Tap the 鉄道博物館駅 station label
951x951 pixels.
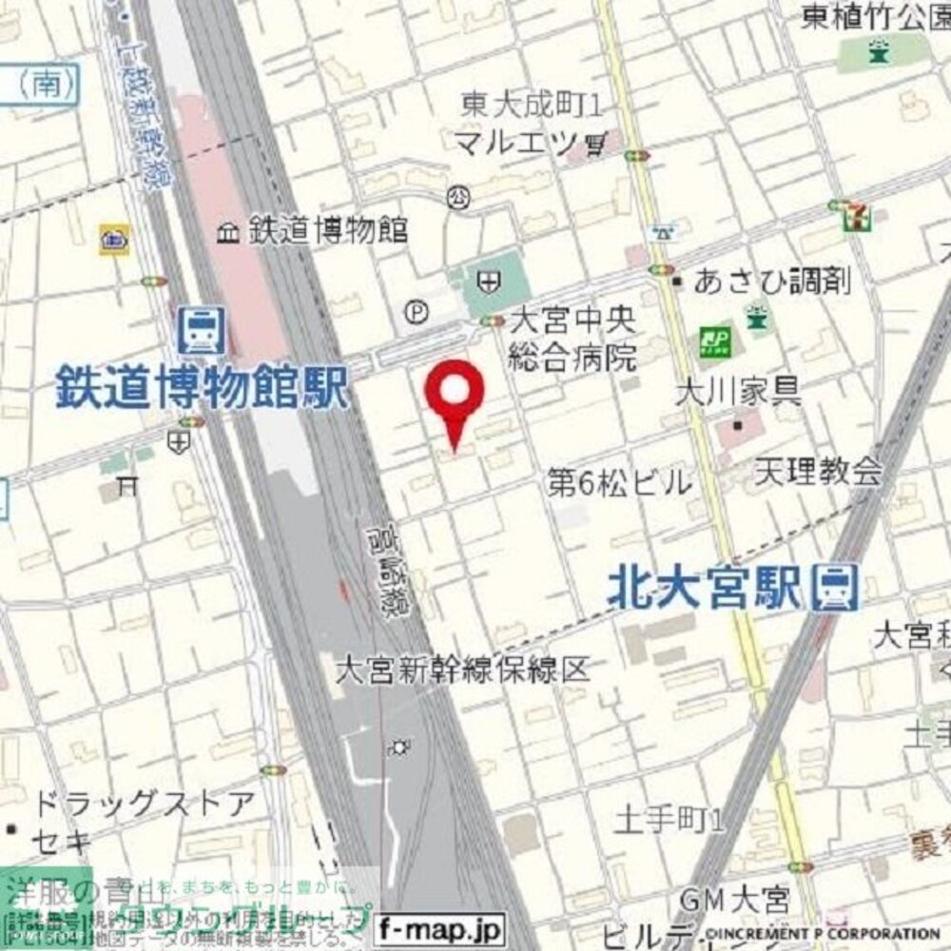click(202, 388)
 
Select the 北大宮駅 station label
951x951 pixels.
click(705, 590)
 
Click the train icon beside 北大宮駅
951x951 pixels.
click(837, 587)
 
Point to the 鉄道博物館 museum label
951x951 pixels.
click(327, 229)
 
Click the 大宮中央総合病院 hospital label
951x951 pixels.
click(572, 338)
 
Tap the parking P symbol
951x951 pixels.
click(416, 311)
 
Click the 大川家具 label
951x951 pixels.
click(737, 390)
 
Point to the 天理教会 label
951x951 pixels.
click(819, 471)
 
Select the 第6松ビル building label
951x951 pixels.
click(620, 483)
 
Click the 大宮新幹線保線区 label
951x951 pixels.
click(462, 670)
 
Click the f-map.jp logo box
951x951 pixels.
click(440, 926)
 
